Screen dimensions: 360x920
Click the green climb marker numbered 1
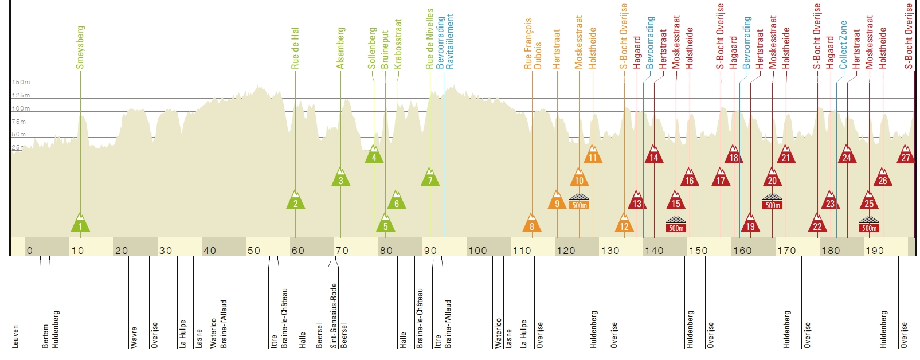80,224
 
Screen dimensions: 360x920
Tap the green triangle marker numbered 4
374,155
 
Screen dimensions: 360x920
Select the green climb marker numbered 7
430,178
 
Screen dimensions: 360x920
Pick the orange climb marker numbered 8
532,224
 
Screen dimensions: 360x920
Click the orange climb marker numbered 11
593,155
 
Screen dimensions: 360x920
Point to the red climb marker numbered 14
654,155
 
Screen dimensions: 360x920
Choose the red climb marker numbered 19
750,224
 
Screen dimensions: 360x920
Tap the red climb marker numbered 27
906,155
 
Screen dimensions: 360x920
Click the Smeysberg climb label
80,47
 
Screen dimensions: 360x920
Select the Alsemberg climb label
341,48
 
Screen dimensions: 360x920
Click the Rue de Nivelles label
430,38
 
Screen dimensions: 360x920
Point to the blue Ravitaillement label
450,41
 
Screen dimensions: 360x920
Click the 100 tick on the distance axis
477,251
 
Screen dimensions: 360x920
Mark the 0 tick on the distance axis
29,251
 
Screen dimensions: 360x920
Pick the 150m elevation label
21,83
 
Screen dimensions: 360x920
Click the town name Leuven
15,336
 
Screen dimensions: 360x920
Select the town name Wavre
134,337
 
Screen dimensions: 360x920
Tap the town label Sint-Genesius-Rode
334,315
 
